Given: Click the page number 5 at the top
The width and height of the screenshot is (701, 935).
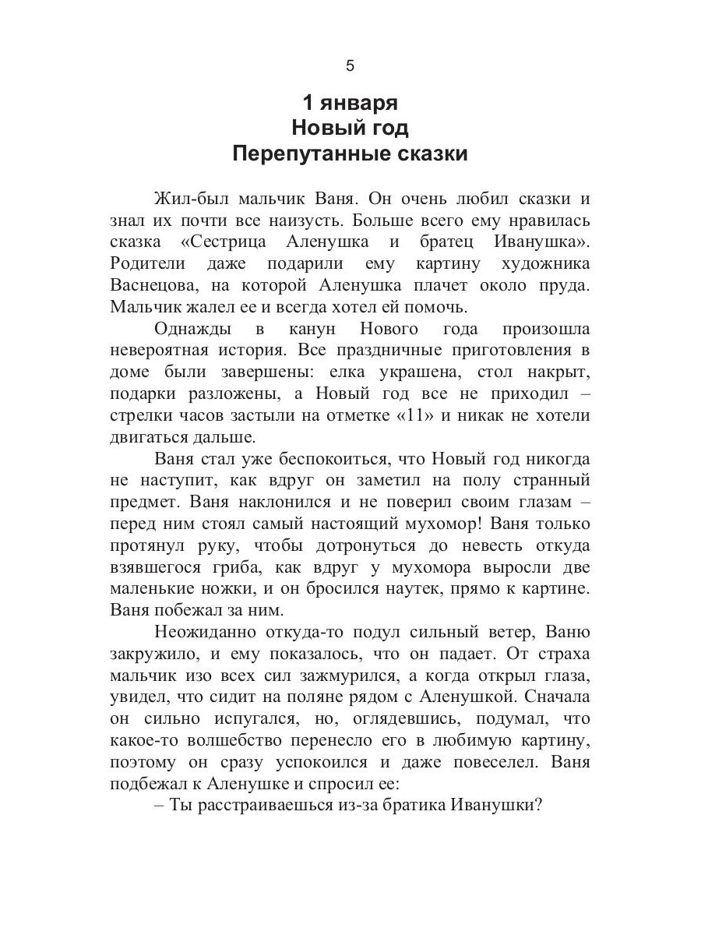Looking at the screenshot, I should pos(350,66).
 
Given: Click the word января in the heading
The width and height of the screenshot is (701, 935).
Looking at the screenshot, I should pos(361,103).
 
